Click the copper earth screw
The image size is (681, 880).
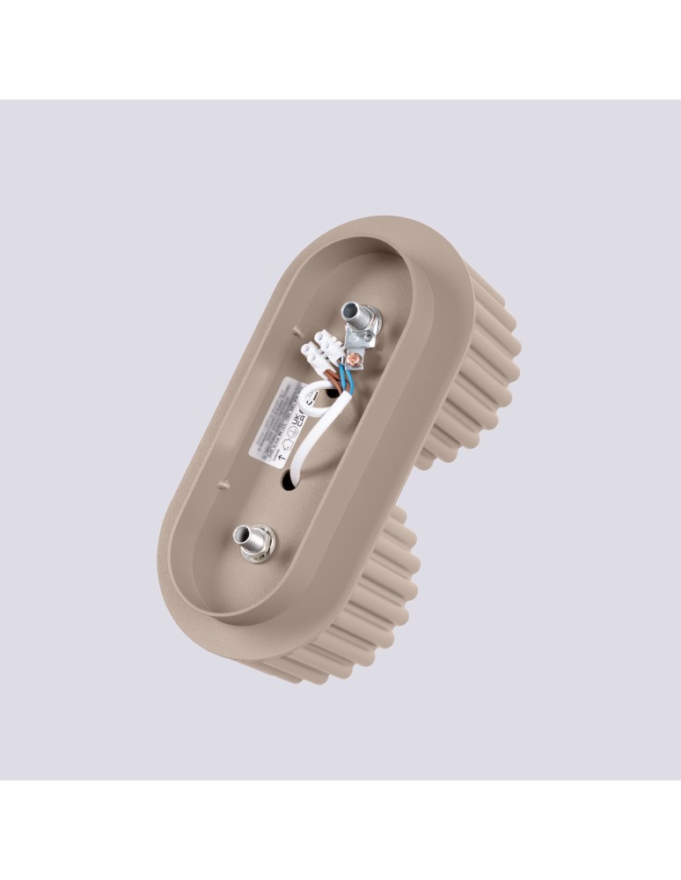tap(354, 358)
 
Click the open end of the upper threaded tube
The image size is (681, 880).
tap(353, 311)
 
